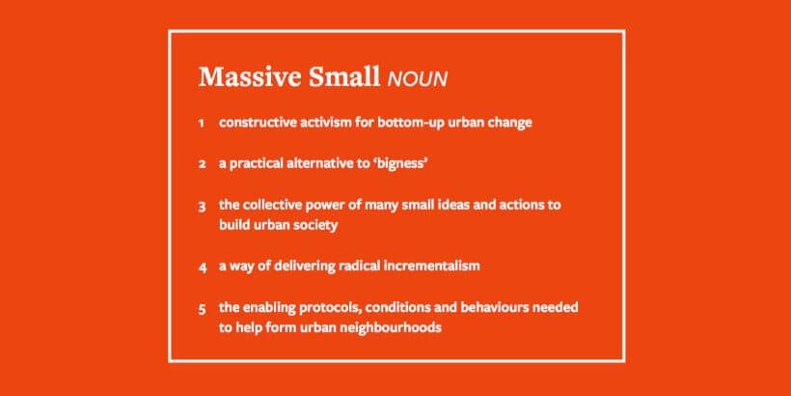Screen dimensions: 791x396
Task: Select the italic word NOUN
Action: [417, 79]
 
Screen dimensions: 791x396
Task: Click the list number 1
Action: [202, 124]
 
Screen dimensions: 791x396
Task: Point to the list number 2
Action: [202, 164]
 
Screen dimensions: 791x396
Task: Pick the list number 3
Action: [202, 207]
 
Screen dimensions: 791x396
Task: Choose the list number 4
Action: [203, 268]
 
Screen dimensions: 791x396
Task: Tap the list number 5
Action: [202, 309]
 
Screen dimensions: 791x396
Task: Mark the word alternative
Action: [311, 164]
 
